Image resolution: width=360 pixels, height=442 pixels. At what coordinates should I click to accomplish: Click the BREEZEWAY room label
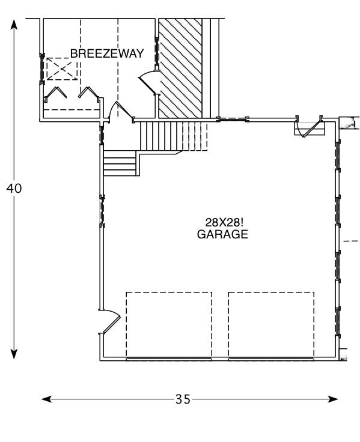click(x=107, y=53)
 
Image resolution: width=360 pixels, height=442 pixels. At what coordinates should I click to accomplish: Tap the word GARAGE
click(x=222, y=235)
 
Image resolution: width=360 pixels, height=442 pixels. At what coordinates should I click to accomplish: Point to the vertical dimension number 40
click(x=14, y=188)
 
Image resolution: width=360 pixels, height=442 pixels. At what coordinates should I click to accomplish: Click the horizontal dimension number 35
click(x=183, y=399)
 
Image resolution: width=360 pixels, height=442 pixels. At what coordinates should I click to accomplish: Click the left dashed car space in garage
click(x=168, y=324)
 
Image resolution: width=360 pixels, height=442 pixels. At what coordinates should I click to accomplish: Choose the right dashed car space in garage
click(x=270, y=324)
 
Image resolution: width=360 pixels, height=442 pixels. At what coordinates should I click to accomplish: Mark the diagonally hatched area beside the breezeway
click(x=180, y=68)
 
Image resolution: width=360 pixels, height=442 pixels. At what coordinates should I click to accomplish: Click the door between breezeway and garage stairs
click(x=120, y=111)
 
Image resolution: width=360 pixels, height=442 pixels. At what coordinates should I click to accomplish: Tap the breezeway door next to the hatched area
click(x=148, y=82)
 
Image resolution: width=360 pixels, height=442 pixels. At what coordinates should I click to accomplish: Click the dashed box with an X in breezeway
click(x=61, y=69)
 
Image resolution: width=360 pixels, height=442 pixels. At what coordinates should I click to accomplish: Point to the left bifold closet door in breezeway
click(x=57, y=95)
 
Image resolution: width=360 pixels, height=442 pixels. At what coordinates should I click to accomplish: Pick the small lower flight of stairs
click(x=120, y=163)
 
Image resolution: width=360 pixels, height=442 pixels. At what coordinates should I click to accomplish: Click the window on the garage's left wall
click(x=102, y=210)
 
